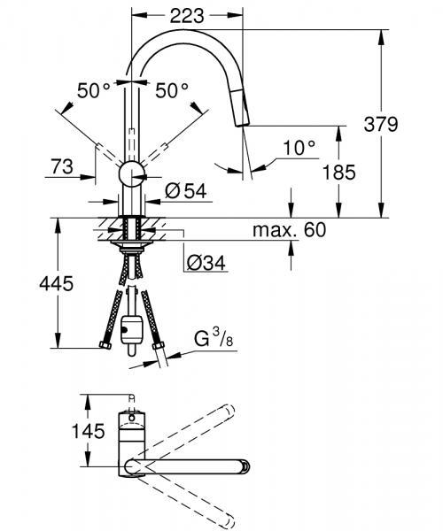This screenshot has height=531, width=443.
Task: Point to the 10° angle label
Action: pos(299,148)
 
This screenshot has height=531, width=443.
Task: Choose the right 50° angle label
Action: pos(172,89)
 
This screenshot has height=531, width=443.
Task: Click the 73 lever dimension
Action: pos(60,166)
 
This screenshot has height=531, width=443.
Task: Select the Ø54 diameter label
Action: pos(186,190)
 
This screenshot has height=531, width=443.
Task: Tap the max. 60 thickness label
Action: pos(289,230)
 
